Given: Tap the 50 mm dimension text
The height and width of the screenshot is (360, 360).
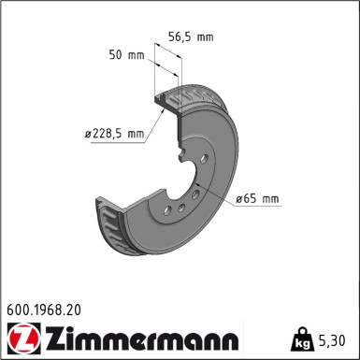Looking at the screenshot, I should pos(127,56).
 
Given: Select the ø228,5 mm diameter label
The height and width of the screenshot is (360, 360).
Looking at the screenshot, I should pos(115,134).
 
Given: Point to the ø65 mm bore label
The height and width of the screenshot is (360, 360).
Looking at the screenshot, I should pos(257,198).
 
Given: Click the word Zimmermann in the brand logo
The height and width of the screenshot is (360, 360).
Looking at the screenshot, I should pos(141,336).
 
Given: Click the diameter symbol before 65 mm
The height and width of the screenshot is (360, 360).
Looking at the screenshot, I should pos(238,198).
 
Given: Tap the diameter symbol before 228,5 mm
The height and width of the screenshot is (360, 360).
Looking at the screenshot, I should pos(89,134).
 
